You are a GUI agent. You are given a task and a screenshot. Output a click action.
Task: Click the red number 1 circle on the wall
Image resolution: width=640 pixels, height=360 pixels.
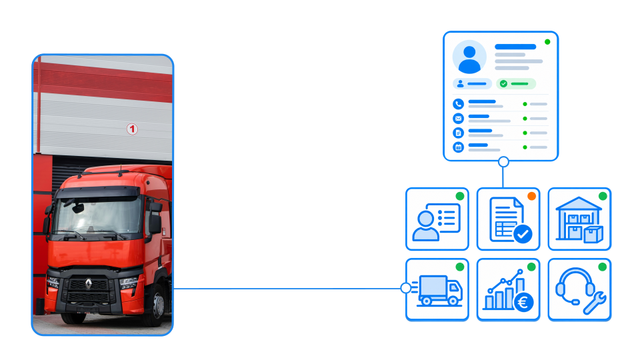coord(132,129)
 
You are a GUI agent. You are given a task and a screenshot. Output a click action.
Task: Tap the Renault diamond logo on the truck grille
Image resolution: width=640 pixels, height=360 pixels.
coord(89,283)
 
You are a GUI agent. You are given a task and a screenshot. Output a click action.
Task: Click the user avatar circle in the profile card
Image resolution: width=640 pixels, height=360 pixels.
coord(469,57)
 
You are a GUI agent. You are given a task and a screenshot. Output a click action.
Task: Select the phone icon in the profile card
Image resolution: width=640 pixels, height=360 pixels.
coord(459,104)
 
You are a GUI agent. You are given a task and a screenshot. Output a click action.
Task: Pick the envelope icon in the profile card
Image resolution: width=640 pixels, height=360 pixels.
coord(459,119)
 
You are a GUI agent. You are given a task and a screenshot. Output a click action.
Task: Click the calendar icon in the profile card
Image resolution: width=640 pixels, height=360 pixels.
coord(459,147)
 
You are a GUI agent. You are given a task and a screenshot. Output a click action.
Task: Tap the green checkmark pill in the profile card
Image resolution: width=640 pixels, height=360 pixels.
coord(515,84)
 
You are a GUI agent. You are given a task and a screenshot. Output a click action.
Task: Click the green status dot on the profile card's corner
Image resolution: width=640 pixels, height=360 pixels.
coord(547,42)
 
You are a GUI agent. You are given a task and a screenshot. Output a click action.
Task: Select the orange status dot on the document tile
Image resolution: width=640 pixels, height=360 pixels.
coord(531,196)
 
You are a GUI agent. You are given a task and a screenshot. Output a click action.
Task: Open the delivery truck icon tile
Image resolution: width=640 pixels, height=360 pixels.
coord(437,289)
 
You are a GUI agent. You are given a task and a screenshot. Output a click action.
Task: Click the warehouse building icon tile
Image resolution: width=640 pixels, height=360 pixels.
coord(579,219)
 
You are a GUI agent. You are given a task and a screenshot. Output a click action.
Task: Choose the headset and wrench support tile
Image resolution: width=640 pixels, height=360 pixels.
coord(579,289)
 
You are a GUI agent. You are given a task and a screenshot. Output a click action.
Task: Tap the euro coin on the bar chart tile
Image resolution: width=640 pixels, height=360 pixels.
coord(523,303)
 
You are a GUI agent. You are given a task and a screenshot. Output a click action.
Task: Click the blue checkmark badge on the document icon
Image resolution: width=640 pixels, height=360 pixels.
coord(523,234)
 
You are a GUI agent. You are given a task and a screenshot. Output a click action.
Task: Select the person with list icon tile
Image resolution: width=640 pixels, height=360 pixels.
coord(437,219)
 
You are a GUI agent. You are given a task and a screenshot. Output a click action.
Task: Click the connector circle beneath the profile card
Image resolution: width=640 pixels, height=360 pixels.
coord(504,162)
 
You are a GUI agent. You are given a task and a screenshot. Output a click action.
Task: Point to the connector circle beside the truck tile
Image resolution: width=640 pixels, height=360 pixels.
coord(406,288)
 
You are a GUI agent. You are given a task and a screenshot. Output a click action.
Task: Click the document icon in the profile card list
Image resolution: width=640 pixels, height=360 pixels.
coord(459,133)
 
